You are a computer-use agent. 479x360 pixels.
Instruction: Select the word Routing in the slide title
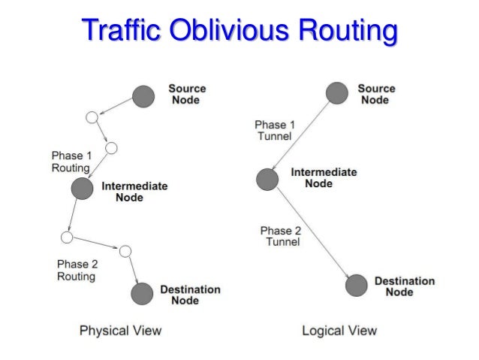[x=341, y=32]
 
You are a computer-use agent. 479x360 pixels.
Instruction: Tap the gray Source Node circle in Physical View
[x=143, y=95]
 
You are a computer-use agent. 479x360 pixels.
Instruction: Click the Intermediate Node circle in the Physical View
[x=82, y=189]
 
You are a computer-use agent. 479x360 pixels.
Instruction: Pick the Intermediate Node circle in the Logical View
[x=267, y=179]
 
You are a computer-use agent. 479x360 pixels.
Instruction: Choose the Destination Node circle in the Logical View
[x=356, y=286]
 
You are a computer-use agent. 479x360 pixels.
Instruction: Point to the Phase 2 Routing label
[x=77, y=270]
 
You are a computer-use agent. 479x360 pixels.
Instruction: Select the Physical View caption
[x=120, y=330]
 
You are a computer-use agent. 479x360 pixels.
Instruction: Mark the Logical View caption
[x=339, y=330]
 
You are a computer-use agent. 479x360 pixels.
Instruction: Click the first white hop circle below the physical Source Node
[x=92, y=117]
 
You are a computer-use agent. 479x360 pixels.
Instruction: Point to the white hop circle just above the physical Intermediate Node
[x=112, y=147]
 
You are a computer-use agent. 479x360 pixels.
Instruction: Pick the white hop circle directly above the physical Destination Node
[x=125, y=250]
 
